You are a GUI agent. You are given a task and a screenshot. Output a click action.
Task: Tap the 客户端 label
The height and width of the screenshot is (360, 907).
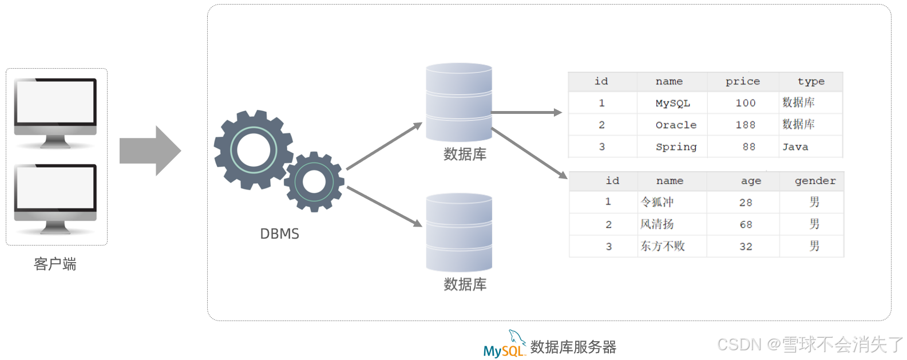(55, 264)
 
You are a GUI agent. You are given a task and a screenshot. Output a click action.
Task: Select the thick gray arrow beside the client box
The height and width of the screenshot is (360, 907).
(150, 151)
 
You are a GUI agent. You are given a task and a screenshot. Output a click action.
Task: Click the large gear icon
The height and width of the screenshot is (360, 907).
(253, 150)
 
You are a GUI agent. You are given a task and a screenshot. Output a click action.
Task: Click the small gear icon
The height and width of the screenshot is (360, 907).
(314, 182)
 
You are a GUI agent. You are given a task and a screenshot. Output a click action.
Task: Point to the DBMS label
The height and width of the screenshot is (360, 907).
(279, 234)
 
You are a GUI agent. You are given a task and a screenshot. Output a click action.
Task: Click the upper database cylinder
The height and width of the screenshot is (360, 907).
(459, 102)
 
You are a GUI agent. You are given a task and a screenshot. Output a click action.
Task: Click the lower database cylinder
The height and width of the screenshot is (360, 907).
(459, 232)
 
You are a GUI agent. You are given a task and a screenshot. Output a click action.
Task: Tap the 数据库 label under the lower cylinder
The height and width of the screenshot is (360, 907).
(465, 284)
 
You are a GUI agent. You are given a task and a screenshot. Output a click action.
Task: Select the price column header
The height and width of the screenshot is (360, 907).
(743, 81)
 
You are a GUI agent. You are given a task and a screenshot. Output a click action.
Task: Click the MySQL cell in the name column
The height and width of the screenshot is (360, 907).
(672, 103)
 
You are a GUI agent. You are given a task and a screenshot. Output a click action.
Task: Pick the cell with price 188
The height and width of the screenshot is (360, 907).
(745, 125)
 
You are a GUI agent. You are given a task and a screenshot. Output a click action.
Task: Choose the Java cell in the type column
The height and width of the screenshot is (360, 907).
(795, 147)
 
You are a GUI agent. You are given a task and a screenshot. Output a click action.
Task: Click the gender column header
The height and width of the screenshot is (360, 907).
(815, 181)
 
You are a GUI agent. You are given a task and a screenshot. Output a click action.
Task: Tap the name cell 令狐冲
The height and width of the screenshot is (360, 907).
(657, 202)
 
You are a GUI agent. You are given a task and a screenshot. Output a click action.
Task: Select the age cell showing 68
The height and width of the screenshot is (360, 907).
(746, 224)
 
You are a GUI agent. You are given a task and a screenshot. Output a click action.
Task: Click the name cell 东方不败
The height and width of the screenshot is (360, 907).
(663, 246)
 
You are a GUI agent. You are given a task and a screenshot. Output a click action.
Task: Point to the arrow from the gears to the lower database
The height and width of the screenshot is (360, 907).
(384, 206)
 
